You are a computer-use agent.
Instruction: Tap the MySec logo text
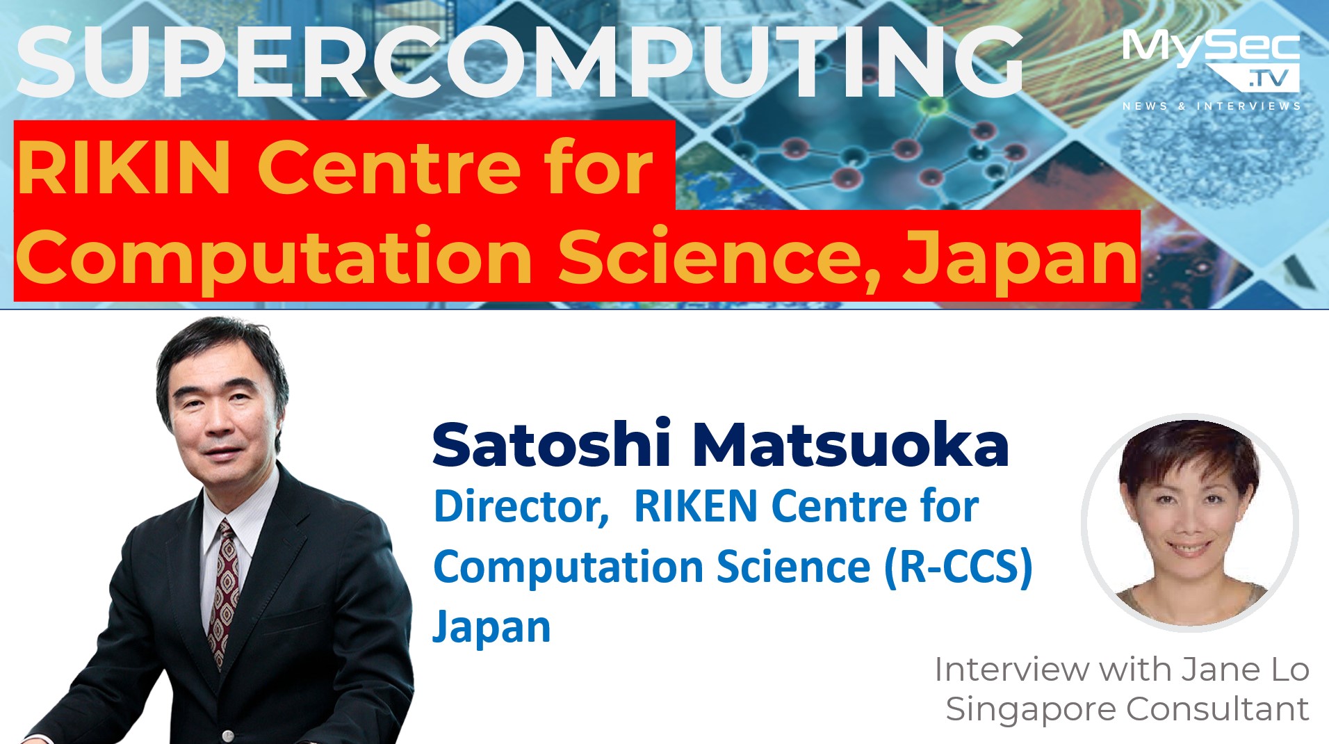coord(1211,49)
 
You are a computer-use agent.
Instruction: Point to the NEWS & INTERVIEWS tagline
coord(1212,106)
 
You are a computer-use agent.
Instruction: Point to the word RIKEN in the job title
coord(696,506)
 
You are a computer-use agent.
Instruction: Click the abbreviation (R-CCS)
coord(959,567)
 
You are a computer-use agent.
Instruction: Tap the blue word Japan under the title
coord(492,628)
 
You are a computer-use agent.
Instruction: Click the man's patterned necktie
coord(223,591)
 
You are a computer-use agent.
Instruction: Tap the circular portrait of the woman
coord(1189,522)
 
